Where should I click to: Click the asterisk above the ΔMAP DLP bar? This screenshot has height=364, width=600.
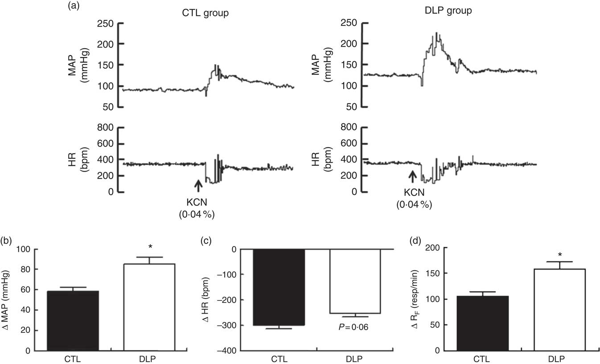pos(149,246)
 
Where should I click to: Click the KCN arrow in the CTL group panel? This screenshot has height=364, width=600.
pos(198,185)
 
